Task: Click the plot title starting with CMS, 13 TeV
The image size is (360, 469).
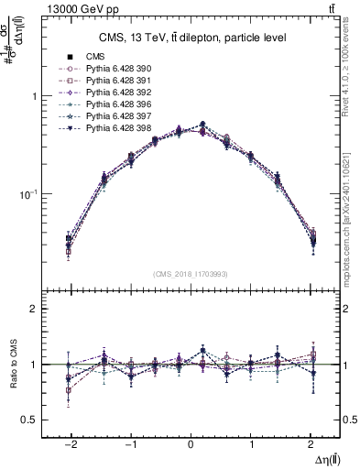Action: pyautogui.click(x=191, y=38)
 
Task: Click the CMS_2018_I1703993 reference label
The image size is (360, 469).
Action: pyautogui.click(x=191, y=274)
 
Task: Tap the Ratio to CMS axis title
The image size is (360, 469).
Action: pyautogui.click(x=12, y=365)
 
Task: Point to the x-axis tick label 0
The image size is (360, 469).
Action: pyautogui.click(x=191, y=442)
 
